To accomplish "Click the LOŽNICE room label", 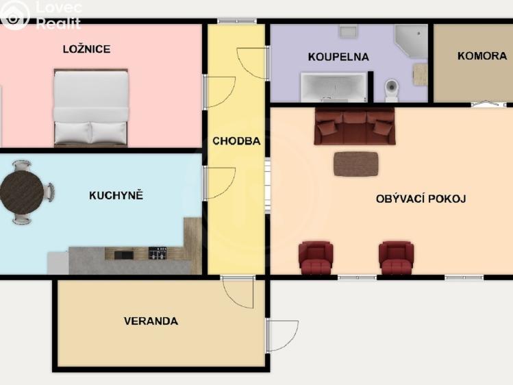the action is click(87, 49).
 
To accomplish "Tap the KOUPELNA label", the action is click(338, 57).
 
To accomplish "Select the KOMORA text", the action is click(482, 56).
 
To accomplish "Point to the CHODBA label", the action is click(236, 141).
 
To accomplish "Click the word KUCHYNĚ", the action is click(116, 195).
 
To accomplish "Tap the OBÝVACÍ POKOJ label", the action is click(421, 199).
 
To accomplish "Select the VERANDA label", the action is click(151, 321).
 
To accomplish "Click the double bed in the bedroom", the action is click(90, 108).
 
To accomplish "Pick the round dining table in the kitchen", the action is click(22, 192).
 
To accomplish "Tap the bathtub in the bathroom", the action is click(334, 87).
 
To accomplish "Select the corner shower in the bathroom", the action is click(411, 41).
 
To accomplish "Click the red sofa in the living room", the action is click(355, 127).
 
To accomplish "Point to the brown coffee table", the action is click(356, 164).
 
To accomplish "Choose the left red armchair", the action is click(316, 258).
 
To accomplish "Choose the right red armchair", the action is click(396, 258).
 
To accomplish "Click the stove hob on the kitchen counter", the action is click(158, 253).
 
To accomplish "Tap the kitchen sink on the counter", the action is click(124, 255).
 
